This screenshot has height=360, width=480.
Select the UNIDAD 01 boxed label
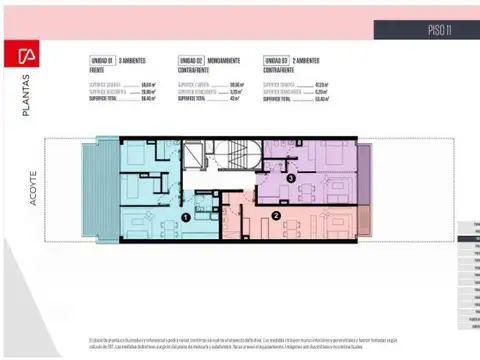[102, 61]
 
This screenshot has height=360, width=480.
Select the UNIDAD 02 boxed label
[193, 61]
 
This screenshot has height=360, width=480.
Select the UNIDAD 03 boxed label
[278, 61]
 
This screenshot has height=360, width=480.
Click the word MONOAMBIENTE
[230, 61]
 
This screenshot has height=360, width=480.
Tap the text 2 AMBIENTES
[312, 61]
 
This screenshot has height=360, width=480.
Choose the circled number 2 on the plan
[275, 214]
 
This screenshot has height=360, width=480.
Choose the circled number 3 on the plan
[290, 178]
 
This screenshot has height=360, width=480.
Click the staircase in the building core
[233, 156]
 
